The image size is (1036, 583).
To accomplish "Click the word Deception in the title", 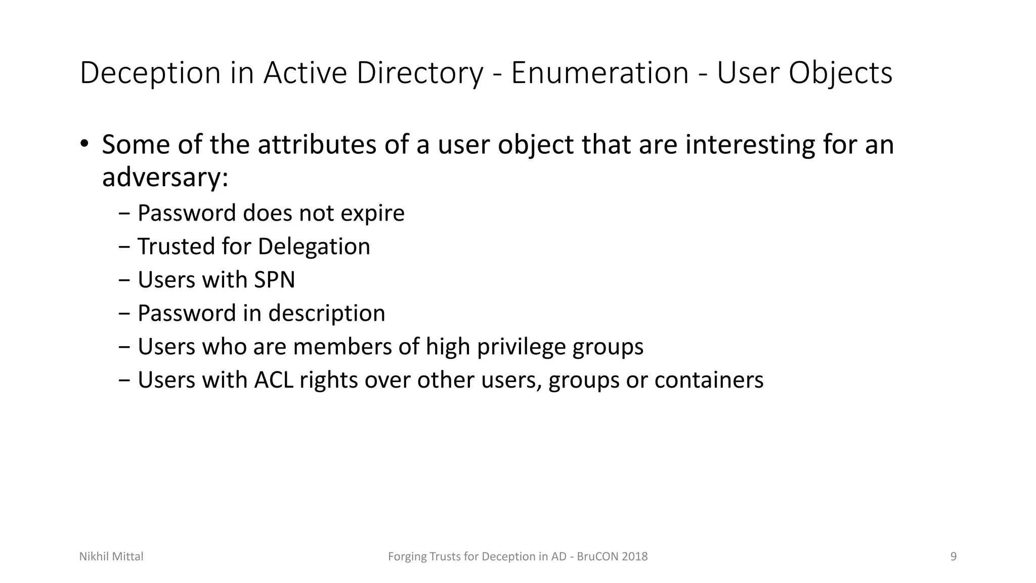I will [x=150, y=73].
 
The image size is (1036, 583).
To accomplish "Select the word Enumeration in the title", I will [x=599, y=72].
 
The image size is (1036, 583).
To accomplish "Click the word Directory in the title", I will [x=420, y=73].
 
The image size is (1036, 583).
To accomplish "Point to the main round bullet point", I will [x=84, y=144].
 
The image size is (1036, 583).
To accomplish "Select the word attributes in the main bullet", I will [x=317, y=145].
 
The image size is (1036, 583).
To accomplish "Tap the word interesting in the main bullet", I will [x=750, y=145].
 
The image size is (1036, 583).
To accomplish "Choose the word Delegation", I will [x=314, y=246].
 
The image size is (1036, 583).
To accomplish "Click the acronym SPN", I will [x=274, y=280].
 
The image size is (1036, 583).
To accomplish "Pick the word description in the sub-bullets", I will [x=326, y=313].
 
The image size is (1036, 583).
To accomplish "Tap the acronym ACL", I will [x=273, y=380].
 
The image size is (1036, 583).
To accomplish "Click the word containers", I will [x=708, y=380].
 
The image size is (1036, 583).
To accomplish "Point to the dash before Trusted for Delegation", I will [x=124, y=247].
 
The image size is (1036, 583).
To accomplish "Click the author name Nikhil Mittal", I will [x=111, y=557].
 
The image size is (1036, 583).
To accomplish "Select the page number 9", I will [x=954, y=557].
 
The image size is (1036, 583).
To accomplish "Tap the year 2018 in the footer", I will [x=634, y=557].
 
